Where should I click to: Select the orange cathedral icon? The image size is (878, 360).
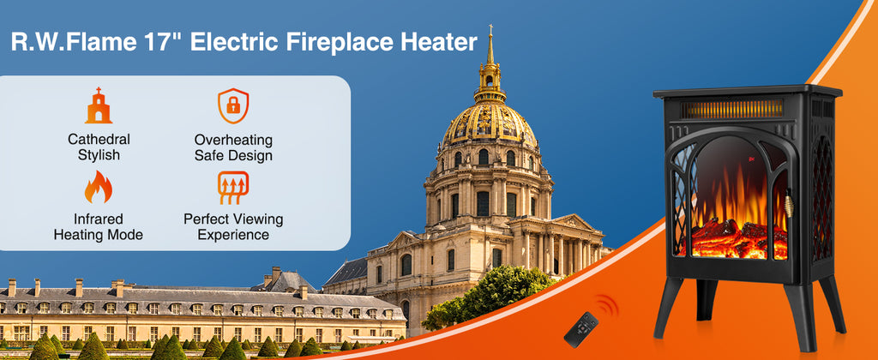pos(99,105)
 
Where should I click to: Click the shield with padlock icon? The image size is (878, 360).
pos(233,105)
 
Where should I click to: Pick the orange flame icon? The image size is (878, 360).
pos(99,187)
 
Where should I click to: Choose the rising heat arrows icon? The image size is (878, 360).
pos(233,188)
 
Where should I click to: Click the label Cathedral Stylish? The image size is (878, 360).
pos(99,147)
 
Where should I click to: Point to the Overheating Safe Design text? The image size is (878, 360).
pos(233,147)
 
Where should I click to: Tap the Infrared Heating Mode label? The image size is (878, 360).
pos(99,227)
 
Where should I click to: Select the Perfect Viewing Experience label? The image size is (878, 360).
pos(233,227)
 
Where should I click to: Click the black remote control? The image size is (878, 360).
pos(580,330)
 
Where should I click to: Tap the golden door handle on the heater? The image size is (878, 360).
pos(791,203)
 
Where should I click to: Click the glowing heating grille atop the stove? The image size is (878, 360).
pos(732,109)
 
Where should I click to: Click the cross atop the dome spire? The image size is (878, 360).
pos(490,28)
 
